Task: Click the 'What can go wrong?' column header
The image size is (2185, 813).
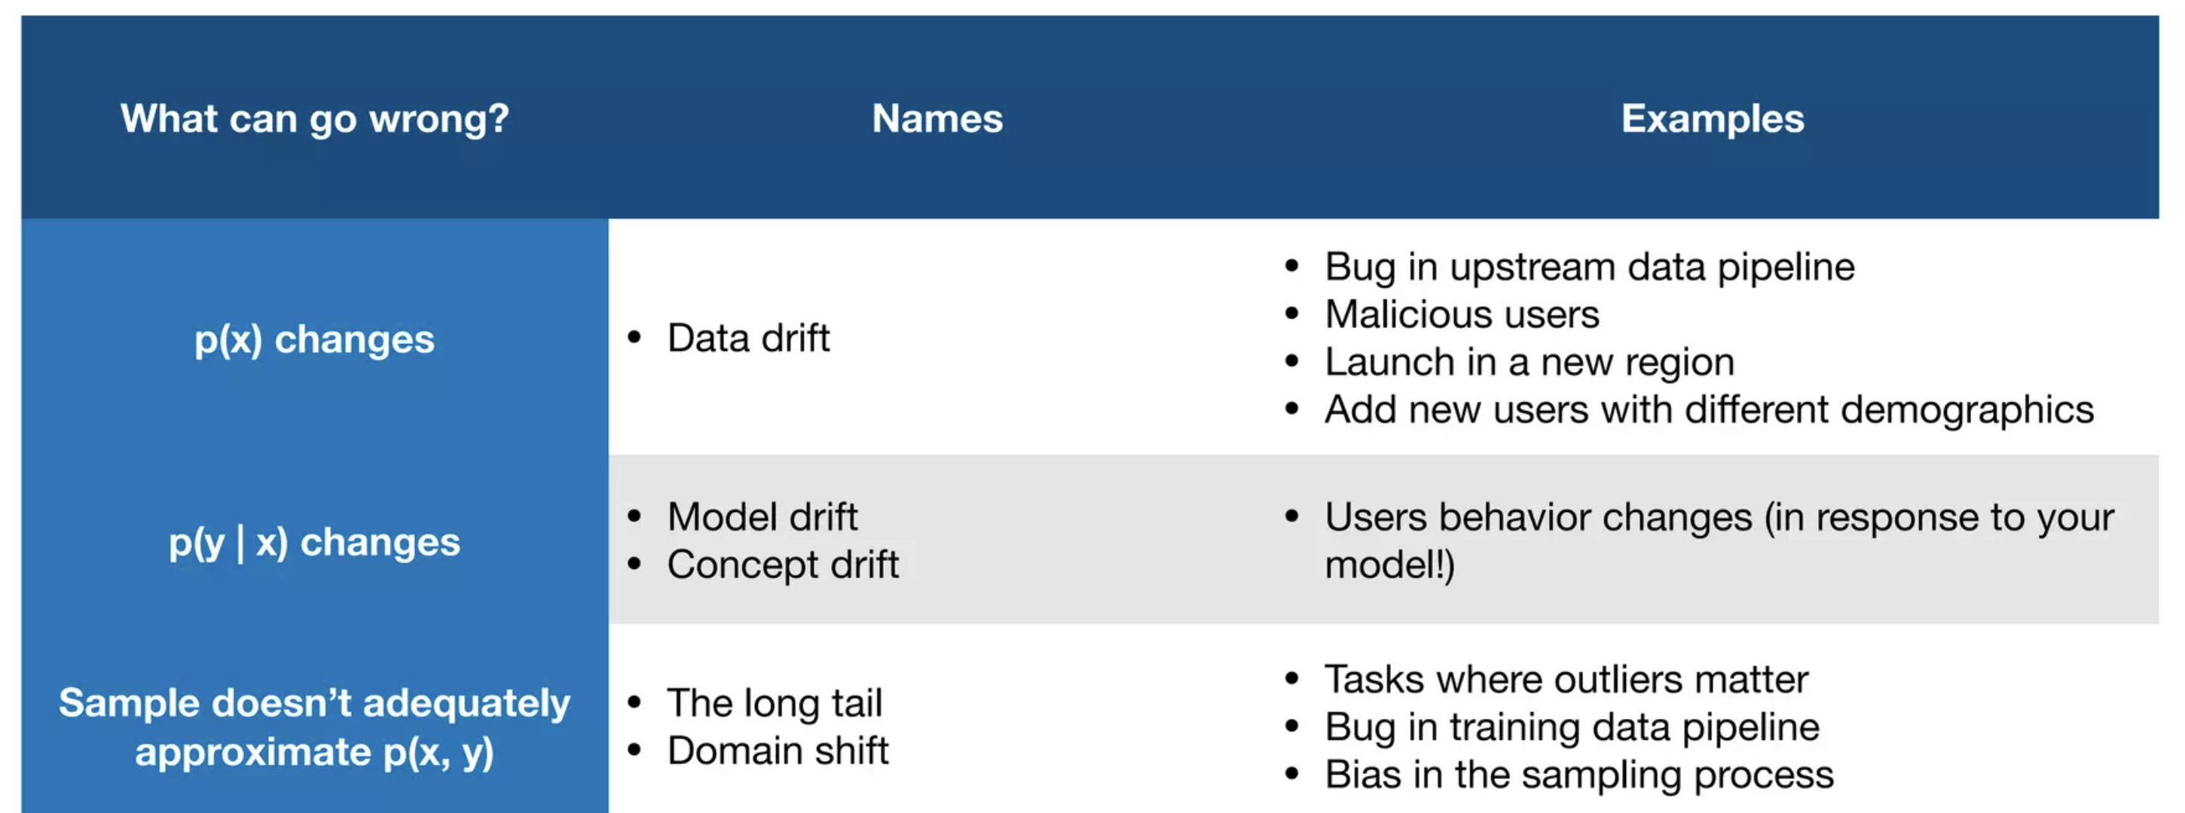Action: (x=315, y=119)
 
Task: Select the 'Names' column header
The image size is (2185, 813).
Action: (x=937, y=119)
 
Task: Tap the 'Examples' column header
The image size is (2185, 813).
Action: (x=1713, y=119)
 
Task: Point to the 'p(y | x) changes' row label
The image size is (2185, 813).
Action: (x=315, y=543)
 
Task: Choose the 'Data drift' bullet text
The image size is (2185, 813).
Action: (x=748, y=337)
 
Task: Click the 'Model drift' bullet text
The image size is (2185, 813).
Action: (x=762, y=516)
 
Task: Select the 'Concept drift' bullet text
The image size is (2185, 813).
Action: (x=783, y=565)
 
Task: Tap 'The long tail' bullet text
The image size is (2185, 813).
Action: (x=775, y=703)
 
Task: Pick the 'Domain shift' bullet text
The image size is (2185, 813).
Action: (x=778, y=751)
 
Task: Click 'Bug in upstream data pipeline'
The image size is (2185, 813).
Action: (x=1590, y=267)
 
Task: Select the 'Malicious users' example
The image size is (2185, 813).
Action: (x=1462, y=315)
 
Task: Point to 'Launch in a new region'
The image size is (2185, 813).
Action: (x=1529, y=363)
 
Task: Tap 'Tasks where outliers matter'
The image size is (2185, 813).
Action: (x=1566, y=679)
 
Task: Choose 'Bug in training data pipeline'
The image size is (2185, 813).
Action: (x=1572, y=727)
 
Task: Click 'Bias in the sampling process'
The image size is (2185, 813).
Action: (x=1579, y=775)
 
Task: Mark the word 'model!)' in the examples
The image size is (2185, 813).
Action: (x=1389, y=565)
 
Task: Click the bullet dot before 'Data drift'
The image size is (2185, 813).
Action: (x=634, y=337)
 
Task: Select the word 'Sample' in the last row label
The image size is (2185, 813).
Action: (x=129, y=704)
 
